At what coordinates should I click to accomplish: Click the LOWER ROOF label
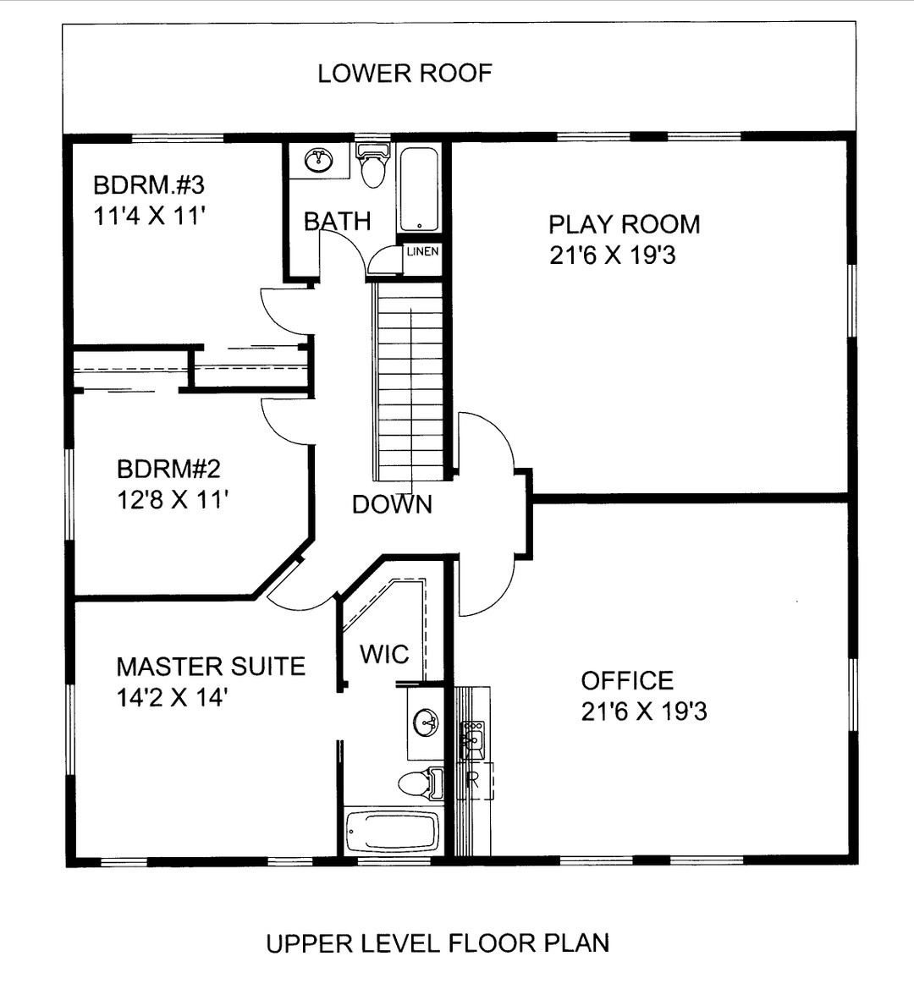pos(405,74)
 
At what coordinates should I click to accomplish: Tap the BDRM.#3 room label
pos(149,184)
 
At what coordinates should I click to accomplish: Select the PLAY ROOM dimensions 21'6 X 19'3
pos(613,255)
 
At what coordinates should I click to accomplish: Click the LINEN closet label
pos(422,251)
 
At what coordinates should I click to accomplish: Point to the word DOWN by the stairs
pos(392,504)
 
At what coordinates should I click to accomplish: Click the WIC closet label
pos(384,654)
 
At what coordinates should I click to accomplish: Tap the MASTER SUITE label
pos(211,667)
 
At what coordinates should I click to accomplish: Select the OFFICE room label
pos(627,680)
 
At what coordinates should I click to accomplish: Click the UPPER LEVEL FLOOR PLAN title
pos(438,942)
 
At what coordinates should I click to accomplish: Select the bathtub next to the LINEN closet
pos(419,190)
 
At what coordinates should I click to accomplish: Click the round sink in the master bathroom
pos(425,723)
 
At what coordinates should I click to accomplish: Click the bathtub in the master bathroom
pos(393,832)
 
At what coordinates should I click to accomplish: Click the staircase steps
pos(410,381)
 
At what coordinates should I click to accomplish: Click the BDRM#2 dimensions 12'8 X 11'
pos(173,500)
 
